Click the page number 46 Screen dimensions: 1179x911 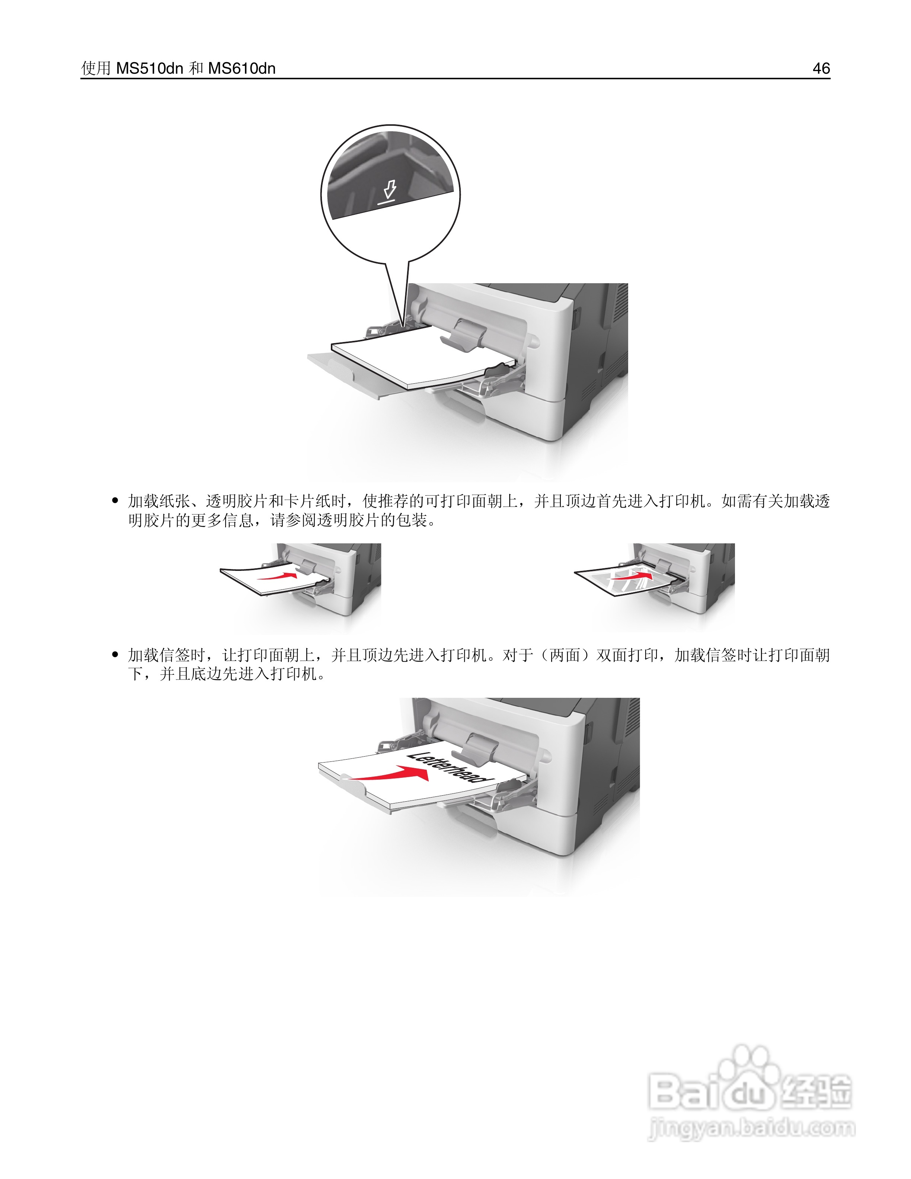point(821,68)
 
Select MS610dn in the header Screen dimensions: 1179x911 point(242,68)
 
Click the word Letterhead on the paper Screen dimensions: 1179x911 point(448,767)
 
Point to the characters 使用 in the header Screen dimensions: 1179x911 point(96,68)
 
